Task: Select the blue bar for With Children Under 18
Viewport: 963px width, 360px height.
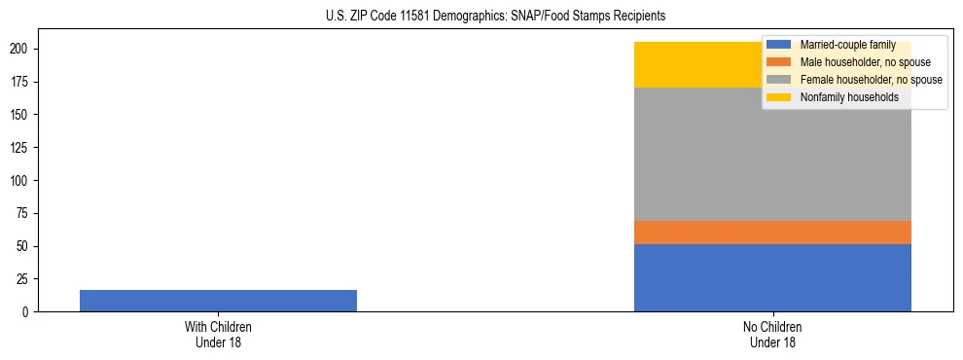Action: click(x=218, y=301)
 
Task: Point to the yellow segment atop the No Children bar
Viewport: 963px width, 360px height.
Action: click(x=700, y=64)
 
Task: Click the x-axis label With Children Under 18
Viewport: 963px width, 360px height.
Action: click(x=218, y=335)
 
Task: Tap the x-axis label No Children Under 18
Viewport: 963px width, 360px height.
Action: click(x=772, y=335)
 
